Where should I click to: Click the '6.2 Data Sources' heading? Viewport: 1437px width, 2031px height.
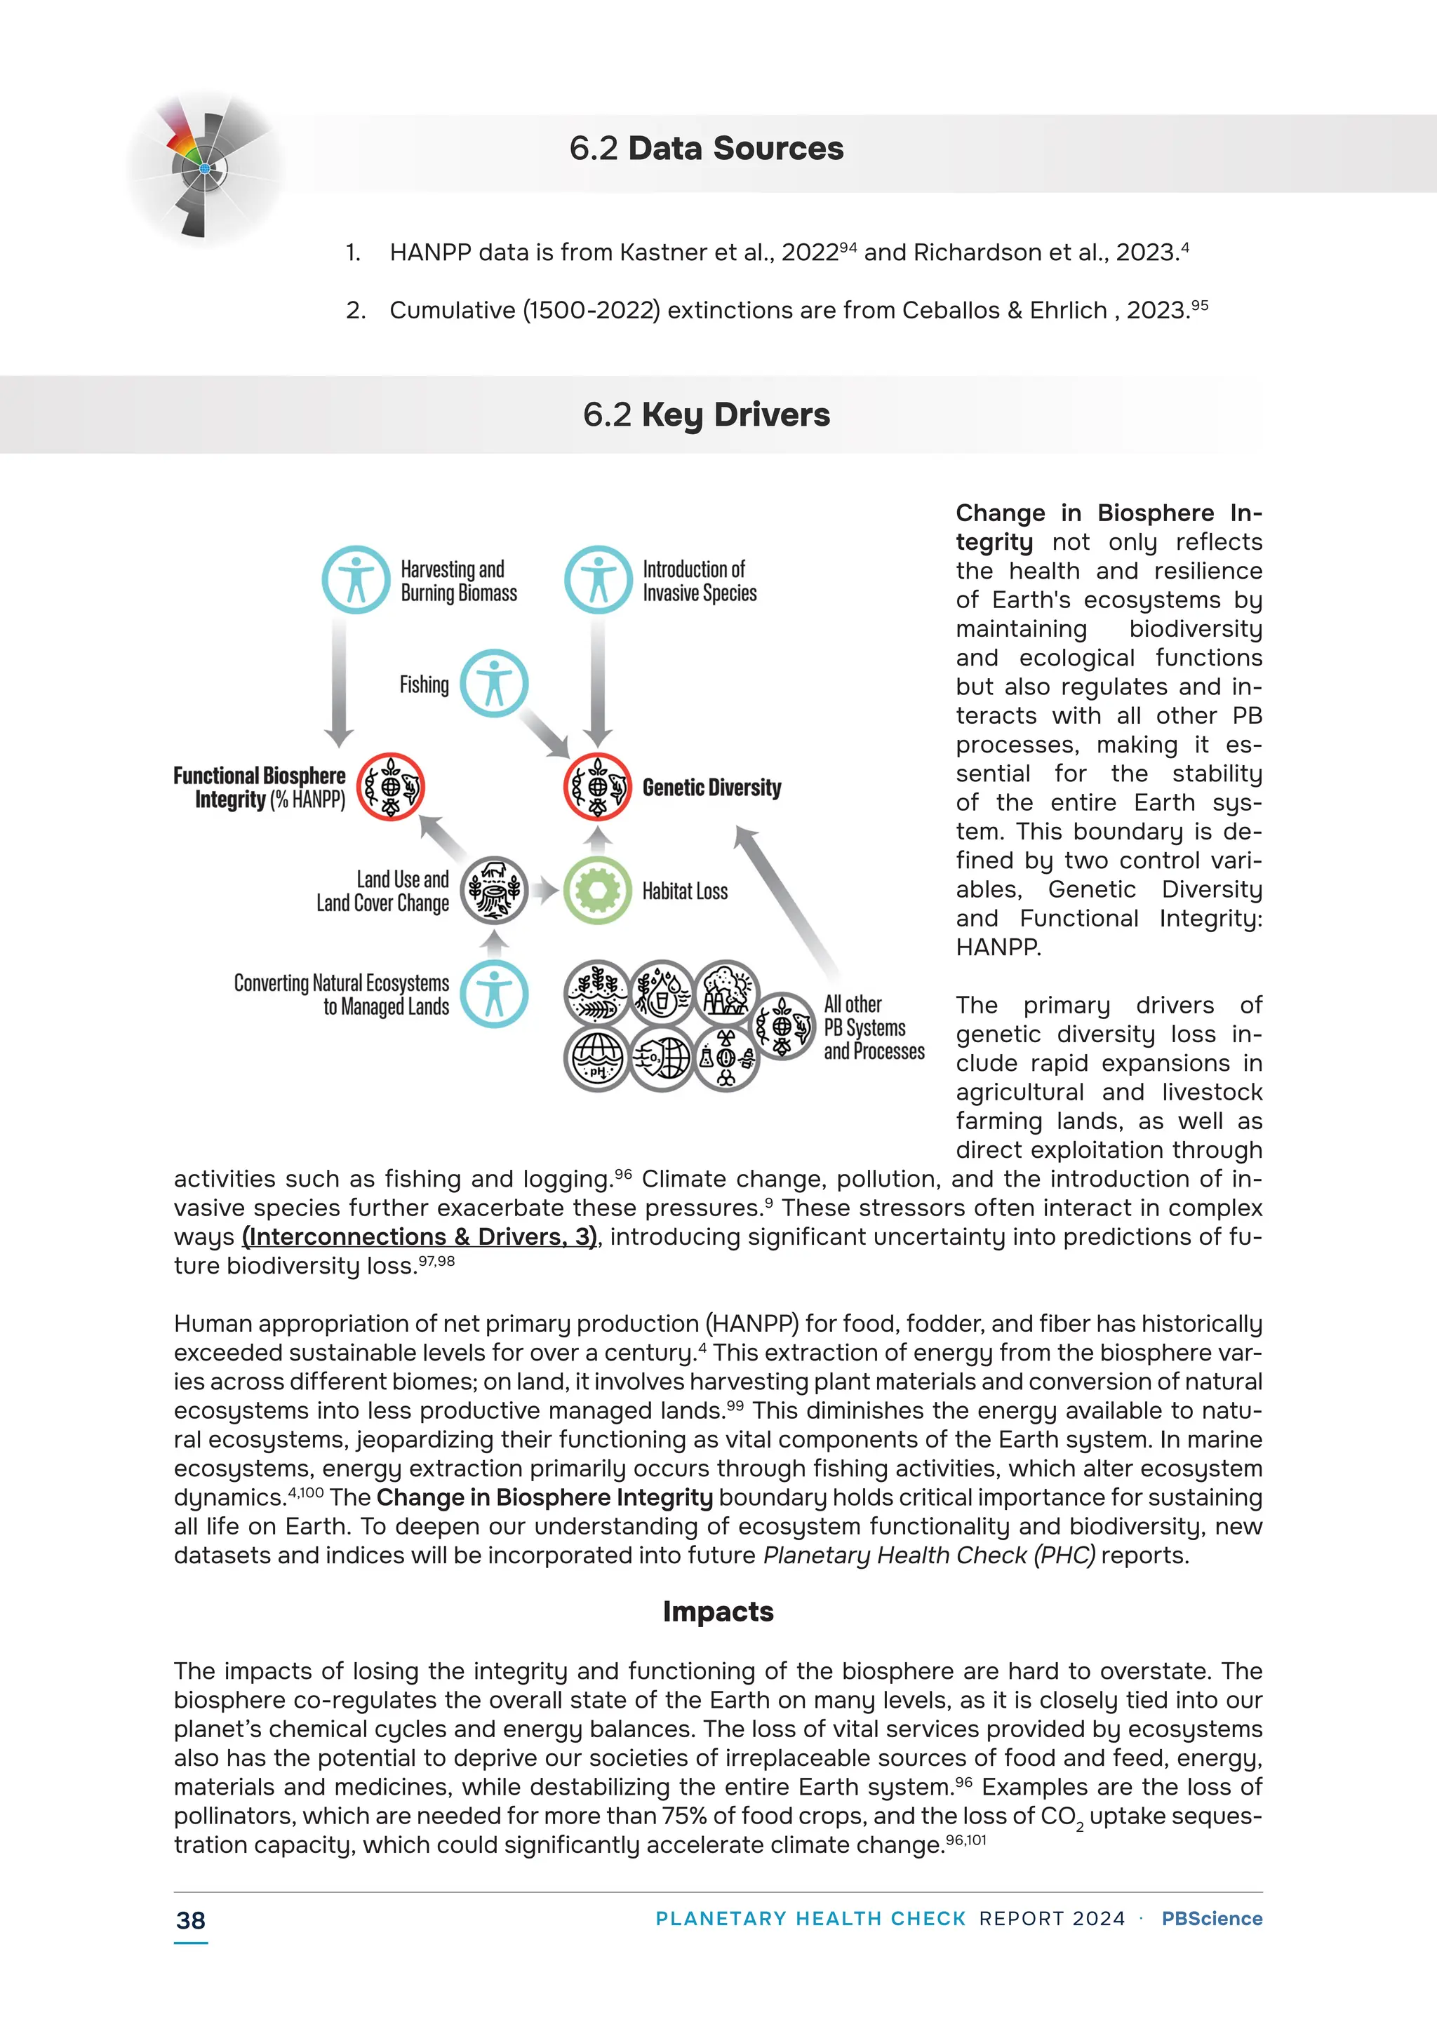click(706, 149)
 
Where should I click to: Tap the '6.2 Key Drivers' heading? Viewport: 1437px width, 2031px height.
click(706, 415)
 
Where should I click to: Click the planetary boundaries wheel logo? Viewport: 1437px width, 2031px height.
click(204, 167)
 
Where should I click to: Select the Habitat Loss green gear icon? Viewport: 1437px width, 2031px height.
click(597, 890)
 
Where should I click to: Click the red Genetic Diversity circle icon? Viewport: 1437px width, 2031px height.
click(597, 786)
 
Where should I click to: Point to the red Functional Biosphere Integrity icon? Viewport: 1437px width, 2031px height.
click(390, 786)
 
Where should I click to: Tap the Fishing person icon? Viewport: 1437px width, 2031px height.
click(494, 684)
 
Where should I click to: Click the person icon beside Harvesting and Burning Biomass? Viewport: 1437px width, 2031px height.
click(356, 580)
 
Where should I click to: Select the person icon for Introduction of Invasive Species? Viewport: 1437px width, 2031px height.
click(598, 580)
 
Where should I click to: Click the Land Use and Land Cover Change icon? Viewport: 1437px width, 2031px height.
click(494, 890)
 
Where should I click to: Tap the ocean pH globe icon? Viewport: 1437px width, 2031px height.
click(597, 1058)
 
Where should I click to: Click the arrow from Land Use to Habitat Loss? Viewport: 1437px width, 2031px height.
click(546, 890)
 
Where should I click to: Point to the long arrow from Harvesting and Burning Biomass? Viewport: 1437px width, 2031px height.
click(339, 681)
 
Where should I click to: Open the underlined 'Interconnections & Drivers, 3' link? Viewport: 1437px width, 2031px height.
click(420, 1236)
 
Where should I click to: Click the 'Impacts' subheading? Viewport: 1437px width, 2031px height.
click(718, 1612)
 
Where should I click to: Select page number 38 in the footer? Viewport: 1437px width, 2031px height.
click(190, 1920)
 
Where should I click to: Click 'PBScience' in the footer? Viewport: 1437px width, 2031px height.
click(1211, 1919)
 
